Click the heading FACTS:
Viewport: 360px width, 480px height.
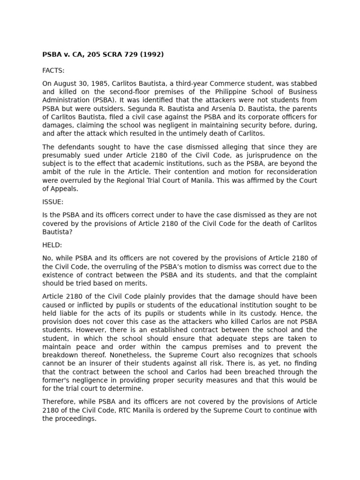pyautogui.click(x=53, y=70)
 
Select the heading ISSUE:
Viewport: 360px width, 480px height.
pyautogui.click(x=52, y=202)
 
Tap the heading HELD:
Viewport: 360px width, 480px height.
pyautogui.click(x=52, y=245)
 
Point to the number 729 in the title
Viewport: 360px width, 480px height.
pyautogui.click(x=127, y=54)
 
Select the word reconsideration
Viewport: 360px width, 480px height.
pyautogui.click(x=289, y=172)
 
